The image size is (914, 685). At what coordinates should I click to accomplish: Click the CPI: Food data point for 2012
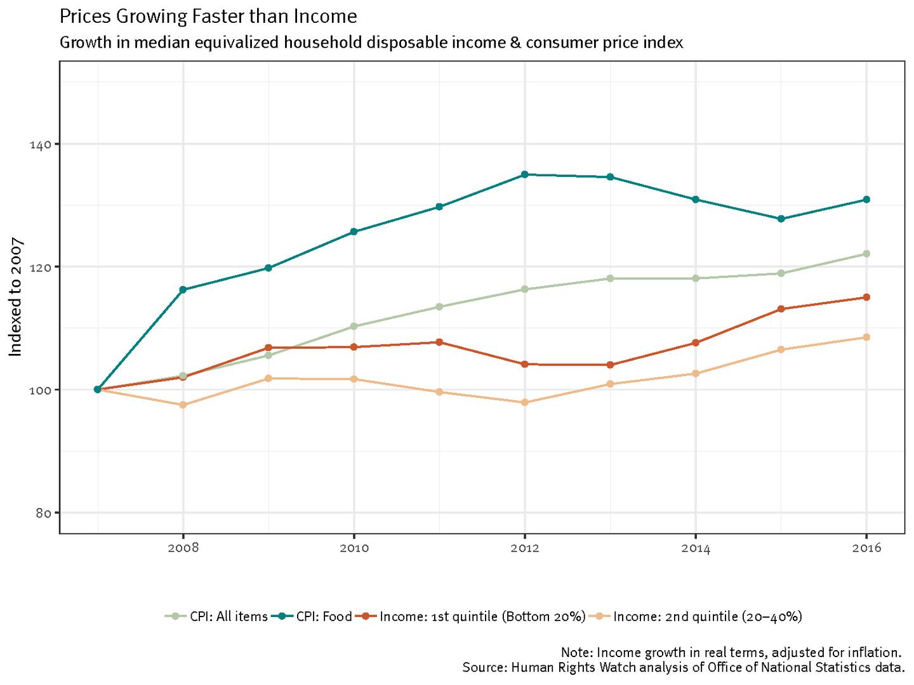tap(524, 174)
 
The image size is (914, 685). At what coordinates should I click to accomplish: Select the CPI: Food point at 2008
tap(183, 290)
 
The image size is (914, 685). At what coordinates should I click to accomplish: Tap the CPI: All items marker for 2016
tap(866, 254)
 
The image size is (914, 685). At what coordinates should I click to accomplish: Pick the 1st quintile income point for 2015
tap(781, 309)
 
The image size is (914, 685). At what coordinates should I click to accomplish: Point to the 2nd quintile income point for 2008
tap(183, 405)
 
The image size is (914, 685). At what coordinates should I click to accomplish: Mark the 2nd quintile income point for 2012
tap(524, 402)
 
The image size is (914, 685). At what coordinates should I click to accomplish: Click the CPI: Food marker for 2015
tap(781, 219)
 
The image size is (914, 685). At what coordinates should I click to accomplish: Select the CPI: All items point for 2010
tap(354, 326)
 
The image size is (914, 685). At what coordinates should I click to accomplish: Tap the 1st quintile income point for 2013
tap(610, 365)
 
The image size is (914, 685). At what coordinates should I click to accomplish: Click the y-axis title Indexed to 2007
tap(15, 297)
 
